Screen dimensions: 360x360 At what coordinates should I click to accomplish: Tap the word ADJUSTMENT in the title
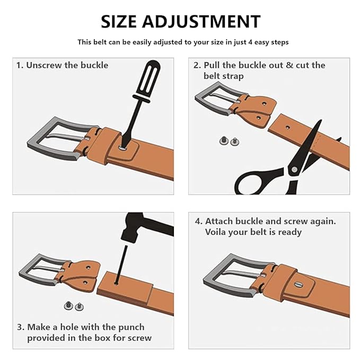(201, 21)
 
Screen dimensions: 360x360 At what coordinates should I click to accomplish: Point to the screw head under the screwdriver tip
(124, 148)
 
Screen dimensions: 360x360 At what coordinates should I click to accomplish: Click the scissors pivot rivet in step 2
(294, 170)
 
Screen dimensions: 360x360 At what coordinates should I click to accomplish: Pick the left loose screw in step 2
(224, 141)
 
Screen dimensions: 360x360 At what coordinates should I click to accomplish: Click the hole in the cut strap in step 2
(288, 127)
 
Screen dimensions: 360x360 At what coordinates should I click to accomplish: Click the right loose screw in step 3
(79, 306)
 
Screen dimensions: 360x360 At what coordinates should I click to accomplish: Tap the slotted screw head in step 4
(298, 285)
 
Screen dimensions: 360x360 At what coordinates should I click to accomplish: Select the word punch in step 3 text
(131, 328)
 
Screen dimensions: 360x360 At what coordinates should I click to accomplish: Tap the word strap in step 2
(233, 76)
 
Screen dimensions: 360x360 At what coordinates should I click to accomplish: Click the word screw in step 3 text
(139, 338)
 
